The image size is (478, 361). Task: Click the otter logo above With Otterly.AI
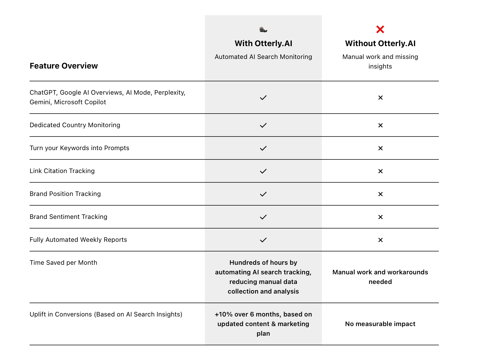point(263,29)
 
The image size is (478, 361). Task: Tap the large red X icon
point(380,29)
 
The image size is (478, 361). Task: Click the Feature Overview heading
point(64,66)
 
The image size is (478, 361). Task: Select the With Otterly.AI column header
point(263,43)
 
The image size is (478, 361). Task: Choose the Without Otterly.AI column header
point(380,43)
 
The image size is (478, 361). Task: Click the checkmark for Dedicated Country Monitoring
point(263,125)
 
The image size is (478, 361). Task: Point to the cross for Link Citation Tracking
point(380,171)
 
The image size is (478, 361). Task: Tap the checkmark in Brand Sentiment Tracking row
point(263,217)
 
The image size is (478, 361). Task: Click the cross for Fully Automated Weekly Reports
point(380,240)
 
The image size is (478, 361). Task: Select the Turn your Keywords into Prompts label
point(79,148)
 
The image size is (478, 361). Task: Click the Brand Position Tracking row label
point(65,194)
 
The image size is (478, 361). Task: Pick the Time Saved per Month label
point(63,263)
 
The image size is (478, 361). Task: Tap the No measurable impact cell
point(380,324)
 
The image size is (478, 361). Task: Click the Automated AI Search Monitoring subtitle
point(263,57)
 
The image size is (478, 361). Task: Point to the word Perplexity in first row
point(169,93)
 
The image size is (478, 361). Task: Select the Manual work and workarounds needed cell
point(380,277)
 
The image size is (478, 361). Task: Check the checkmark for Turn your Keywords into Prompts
point(263,148)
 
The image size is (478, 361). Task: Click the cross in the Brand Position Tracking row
point(380,194)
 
